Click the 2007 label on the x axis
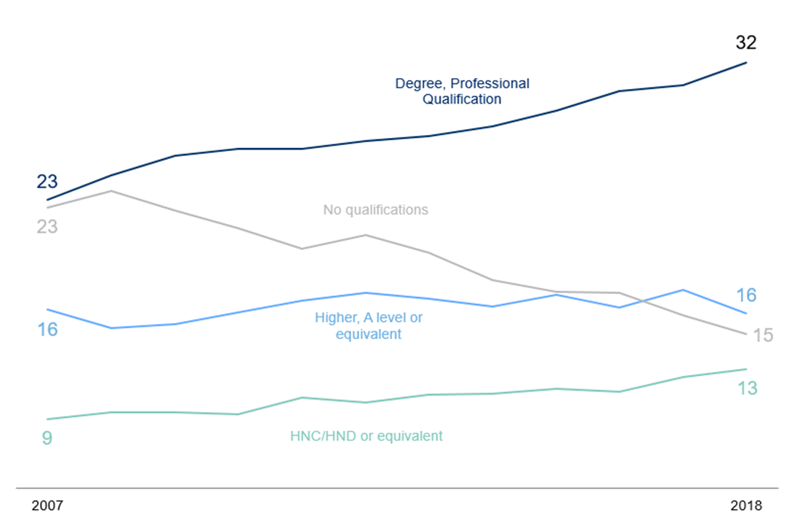[47, 505]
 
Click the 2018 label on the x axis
[745, 505]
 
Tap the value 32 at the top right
[745, 43]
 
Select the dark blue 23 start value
[47, 182]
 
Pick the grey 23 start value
[47, 227]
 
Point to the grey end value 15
[762, 336]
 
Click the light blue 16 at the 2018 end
[746, 295]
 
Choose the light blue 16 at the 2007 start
[47, 330]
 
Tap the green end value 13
[747, 389]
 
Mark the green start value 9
[47, 439]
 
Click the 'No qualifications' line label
[375, 210]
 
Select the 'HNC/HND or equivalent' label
[366, 436]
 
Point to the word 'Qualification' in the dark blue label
[462, 99]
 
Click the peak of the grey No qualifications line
[110, 191]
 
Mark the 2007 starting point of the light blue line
[47, 309]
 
